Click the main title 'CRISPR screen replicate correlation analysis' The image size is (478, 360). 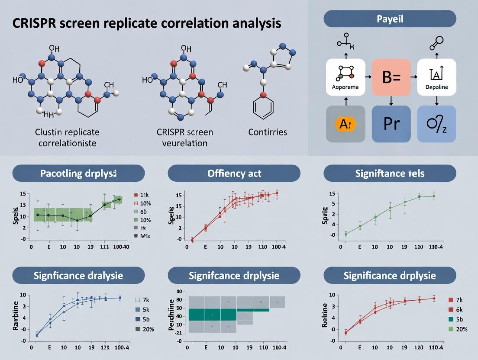click(141, 23)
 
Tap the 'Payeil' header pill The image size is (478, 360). click(390, 19)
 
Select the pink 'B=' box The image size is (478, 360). click(391, 77)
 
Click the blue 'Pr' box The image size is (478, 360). click(391, 124)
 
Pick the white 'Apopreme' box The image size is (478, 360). click(345, 77)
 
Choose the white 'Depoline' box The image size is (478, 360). click(436, 77)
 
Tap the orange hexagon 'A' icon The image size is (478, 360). click(345, 124)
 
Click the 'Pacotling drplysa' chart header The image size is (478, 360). click(78, 173)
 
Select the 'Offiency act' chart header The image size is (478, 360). click(234, 173)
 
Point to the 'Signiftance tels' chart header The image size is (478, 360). click(390, 173)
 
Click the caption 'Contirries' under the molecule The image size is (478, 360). click(268, 132)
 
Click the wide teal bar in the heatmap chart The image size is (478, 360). click(213, 314)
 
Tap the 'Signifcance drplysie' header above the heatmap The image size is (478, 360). click(234, 275)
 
